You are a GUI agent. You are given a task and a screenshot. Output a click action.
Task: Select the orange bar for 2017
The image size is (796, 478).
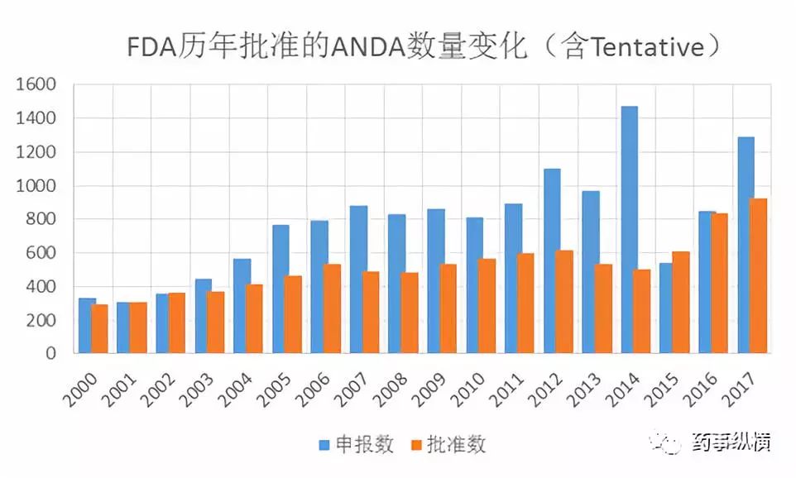(x=758, y=276)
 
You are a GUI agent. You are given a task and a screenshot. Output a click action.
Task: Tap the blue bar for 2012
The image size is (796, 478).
(x=551, y=261)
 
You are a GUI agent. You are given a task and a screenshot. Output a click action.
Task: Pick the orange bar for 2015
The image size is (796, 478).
(x=680, y=303)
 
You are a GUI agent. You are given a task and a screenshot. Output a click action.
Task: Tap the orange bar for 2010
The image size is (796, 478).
(x=487, y=306)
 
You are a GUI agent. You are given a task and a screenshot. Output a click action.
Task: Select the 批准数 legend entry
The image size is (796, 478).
(x=447, y=444)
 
